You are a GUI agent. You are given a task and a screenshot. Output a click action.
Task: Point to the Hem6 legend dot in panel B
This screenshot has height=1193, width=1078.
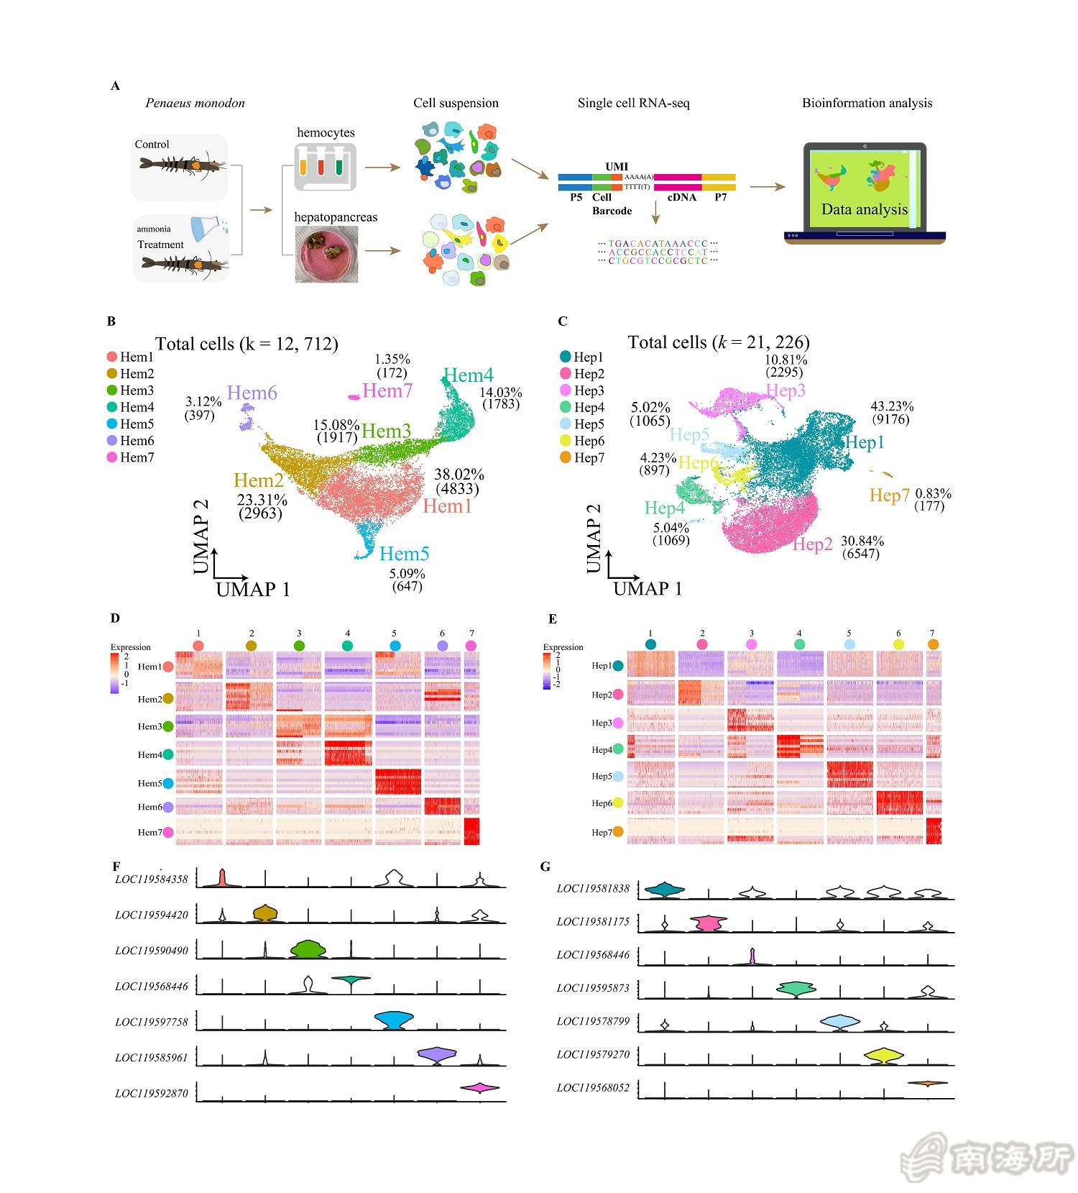tap(111, 441)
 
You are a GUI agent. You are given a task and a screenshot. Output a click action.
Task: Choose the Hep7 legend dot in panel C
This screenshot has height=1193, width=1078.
tap(565, 457)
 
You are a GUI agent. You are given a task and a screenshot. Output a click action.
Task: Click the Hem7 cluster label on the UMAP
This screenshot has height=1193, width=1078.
tap(387, 390)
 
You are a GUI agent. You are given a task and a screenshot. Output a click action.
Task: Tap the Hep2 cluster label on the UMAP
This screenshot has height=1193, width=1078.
tap(812, 544)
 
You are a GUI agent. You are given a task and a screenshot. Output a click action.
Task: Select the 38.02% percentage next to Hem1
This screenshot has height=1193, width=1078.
tap(459, 475)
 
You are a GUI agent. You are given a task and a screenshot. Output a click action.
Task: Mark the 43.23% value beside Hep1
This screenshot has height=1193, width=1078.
tap(892, 406)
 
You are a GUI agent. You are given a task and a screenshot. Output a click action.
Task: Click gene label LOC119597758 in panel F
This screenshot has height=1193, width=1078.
tap(152, 1022)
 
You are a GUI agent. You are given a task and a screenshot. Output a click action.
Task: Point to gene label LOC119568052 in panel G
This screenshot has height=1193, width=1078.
tap(593, 1088)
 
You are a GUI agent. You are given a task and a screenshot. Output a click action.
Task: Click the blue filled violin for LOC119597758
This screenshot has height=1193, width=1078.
tap(394, 1020)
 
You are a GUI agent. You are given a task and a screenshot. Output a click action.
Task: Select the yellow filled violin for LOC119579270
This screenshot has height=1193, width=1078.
tap(884, 1056)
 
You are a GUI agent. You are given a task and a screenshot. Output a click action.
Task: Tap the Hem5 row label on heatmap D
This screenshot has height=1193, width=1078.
tap(150, 783)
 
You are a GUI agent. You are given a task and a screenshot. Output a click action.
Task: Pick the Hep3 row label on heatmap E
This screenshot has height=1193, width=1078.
tap(602, 723)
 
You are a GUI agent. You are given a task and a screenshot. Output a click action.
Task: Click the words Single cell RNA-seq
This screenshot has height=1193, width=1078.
tap(633, 103)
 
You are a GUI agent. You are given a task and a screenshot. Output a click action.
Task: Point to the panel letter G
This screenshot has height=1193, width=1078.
tap(545, 867)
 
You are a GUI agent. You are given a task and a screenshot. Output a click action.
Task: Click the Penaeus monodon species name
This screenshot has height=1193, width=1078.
tap(195, 103)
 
